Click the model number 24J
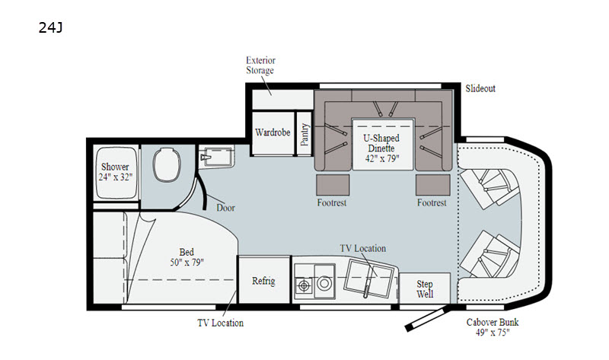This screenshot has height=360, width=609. [x=50, y=27]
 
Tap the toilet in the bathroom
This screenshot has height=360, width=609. [x=167, y=164]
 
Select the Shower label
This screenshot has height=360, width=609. [x=115, y=167]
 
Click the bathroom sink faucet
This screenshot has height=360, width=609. [x=205, y=157]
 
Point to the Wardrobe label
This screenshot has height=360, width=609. [x=273, y=132]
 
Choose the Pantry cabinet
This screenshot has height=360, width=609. [x=304, y=134]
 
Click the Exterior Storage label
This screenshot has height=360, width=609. [x=260, y=65]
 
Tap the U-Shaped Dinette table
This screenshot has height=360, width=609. [x=383, y=144]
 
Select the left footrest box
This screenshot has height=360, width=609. [x=333, y=185]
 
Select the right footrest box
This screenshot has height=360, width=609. [x=433, y=185]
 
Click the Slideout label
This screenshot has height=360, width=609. [x=480, y=88]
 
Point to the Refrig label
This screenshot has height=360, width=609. [x=263, y=281]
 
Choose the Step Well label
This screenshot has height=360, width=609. [x=425, y=289]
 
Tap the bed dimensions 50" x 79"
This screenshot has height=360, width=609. [x=187, y=263]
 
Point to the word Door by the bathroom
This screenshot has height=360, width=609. [x=225, y=208]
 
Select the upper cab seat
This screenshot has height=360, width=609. [x=489, y=186]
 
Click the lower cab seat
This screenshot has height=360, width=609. [x=489, y=254]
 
